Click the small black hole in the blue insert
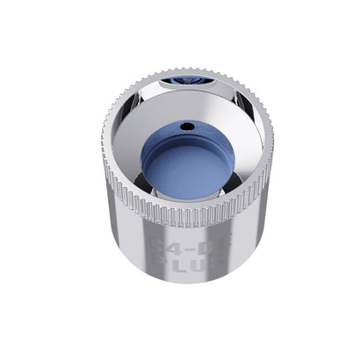(186, 126)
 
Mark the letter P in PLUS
(159, 261)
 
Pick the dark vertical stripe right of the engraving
(227, 250)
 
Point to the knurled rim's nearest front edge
(185, 217)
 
